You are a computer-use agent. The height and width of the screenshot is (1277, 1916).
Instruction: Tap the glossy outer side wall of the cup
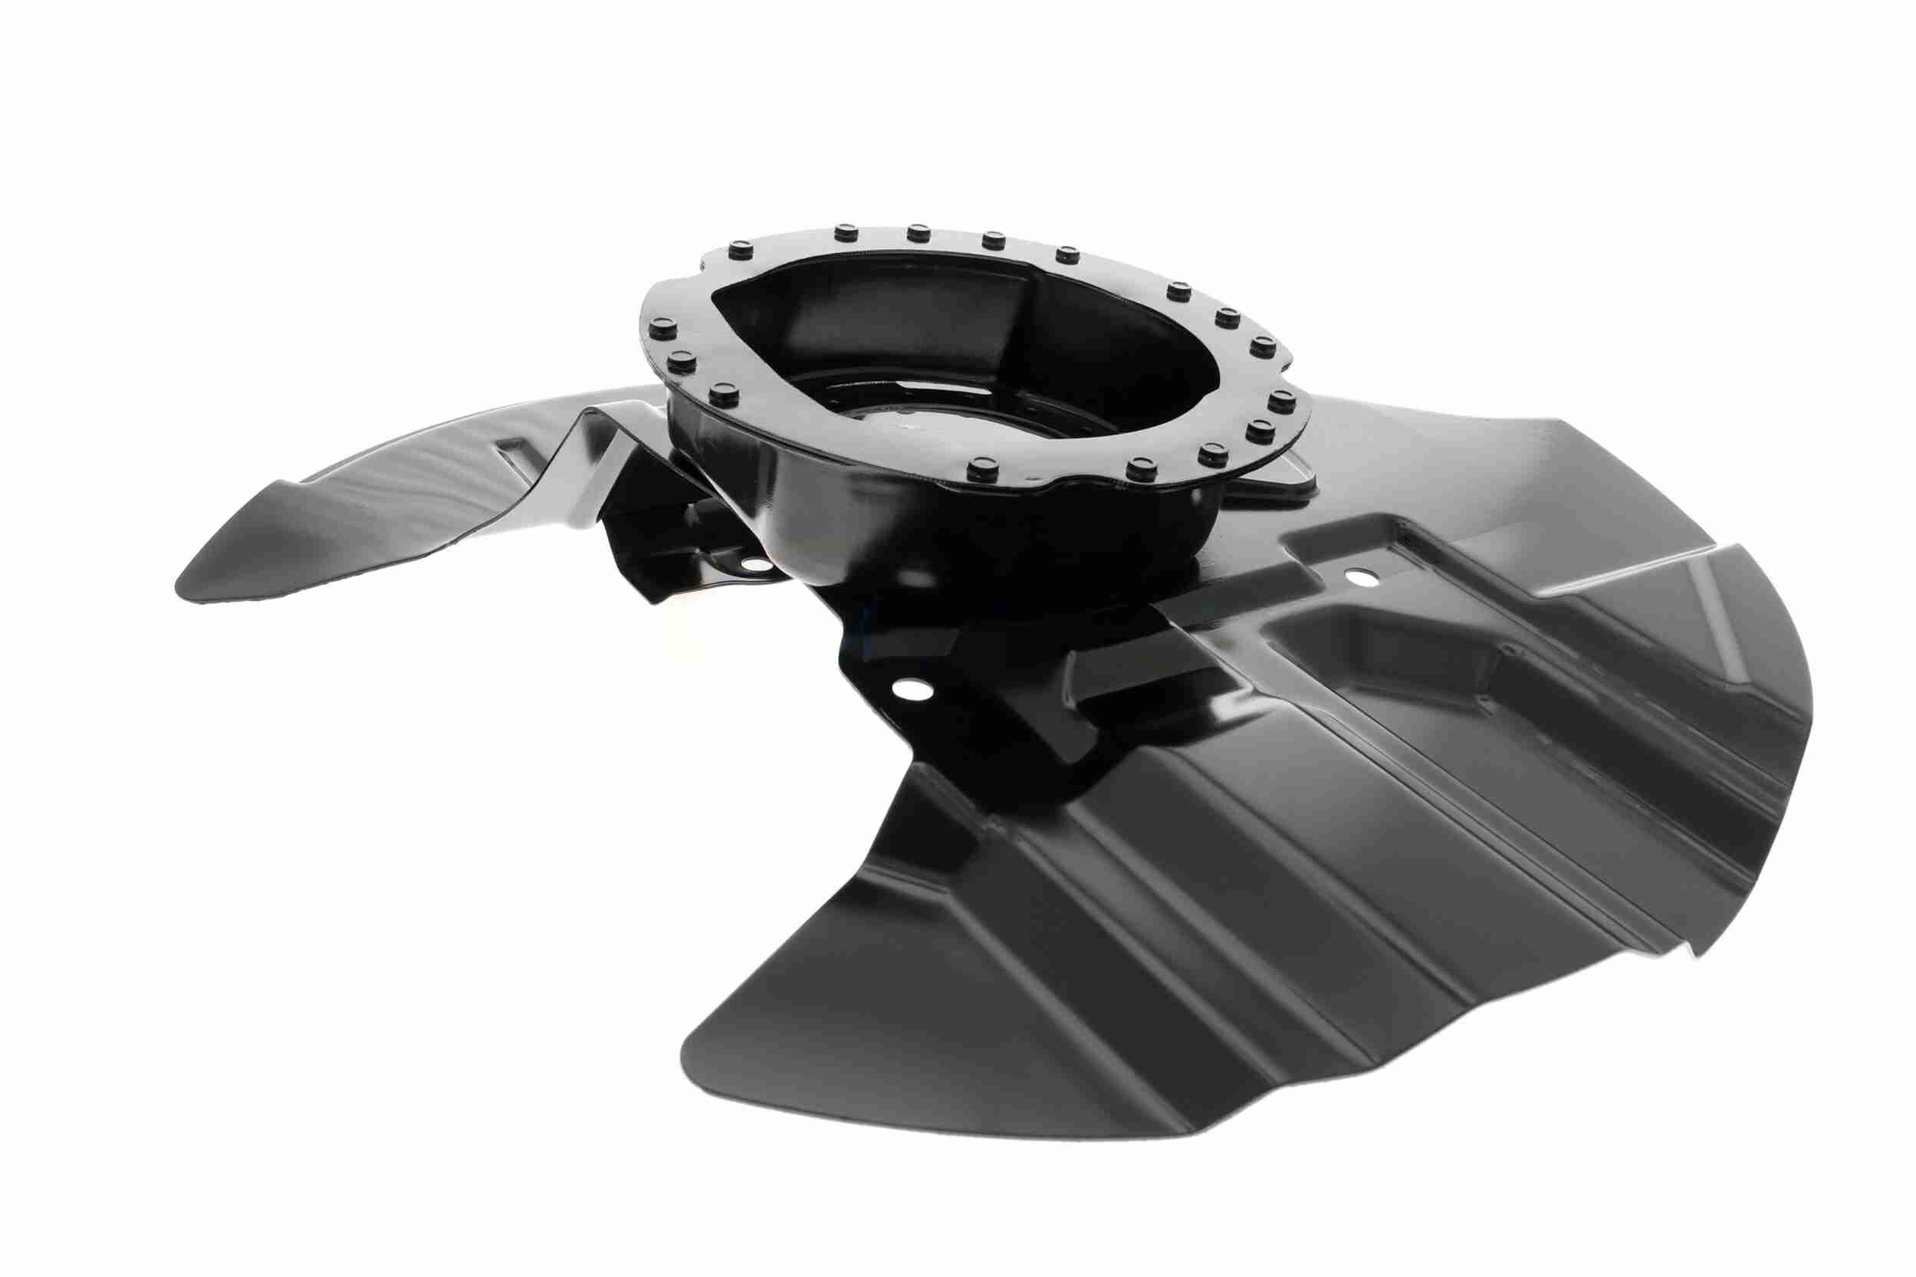click(x=856, y=513)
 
